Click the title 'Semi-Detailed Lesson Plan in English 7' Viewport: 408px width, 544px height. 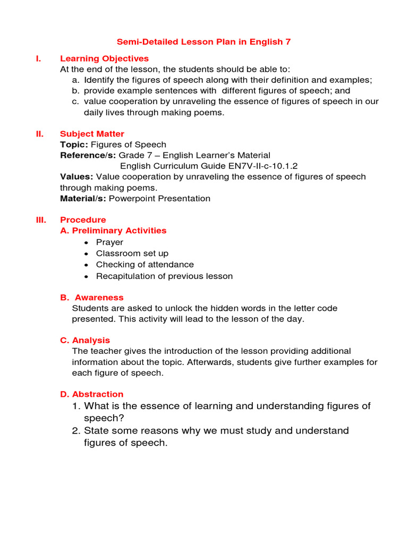click(204, 41)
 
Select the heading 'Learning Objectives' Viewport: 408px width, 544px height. click(104, 58)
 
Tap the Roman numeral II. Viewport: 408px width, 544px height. click(39, 134)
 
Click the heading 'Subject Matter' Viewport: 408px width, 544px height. click(92, 134)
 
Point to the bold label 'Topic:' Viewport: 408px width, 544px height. click(74, 144)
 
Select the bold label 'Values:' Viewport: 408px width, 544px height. click(76, 177)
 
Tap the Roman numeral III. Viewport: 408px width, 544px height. click(41, 220)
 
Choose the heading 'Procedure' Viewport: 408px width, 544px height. click(83, 220)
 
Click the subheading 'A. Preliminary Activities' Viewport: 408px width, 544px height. click(113, 231)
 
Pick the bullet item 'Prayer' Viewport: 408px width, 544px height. click(109, 242)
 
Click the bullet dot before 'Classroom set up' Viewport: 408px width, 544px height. click(87, 254)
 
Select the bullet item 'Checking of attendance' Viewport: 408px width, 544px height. click(144, 265)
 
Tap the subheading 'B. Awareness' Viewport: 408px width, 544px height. click(92, 297)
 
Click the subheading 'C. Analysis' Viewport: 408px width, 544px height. click(85, 340)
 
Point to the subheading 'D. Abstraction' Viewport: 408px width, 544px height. click(92, 394)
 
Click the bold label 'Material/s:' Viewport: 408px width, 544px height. click(83, 199)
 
